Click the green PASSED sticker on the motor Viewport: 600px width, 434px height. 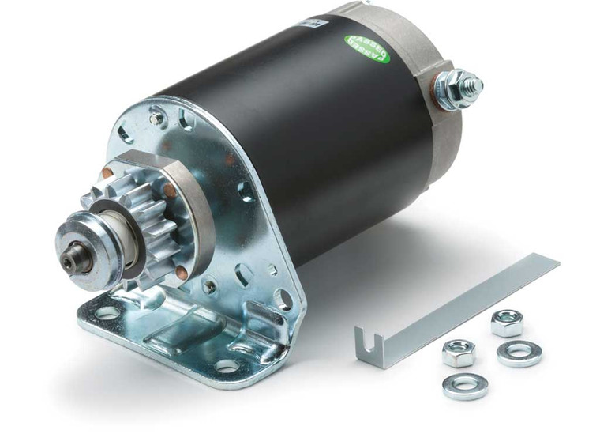pos(367,48)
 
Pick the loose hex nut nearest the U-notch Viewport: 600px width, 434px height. pos(458,352)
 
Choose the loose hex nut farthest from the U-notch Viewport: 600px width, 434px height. pos(506,322)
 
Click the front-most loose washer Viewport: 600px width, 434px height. pos(464,385)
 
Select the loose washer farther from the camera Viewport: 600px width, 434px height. pos(519,353)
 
